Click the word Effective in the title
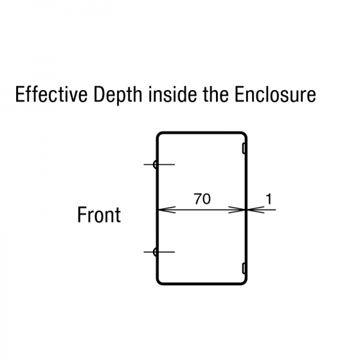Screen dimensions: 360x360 coord(52,94)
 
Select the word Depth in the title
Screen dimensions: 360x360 coord(118,95)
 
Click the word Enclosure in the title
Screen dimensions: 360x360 coord(275,94)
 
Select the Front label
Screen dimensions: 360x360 coord(99,215)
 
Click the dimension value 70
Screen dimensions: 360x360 coord(202,199)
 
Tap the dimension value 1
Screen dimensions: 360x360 coord(269,199)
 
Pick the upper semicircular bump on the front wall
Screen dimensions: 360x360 coord(155,164)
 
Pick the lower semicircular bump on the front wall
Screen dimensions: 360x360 coord(155,252)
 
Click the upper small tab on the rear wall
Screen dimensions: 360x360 coord(244,148)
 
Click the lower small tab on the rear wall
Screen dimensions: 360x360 coord(244,268)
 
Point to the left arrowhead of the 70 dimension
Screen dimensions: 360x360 coord(167,209)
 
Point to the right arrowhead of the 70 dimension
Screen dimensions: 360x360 coord(237,209)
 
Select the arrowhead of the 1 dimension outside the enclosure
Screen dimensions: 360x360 coord(256,209)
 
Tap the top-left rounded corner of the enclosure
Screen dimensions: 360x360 coord(158,134)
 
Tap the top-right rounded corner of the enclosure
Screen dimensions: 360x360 coord(245,134)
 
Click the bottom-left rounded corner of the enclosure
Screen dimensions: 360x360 coord(158,283)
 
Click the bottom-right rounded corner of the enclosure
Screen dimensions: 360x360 coord(245,283)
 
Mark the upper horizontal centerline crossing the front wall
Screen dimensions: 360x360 coord(159,164)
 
